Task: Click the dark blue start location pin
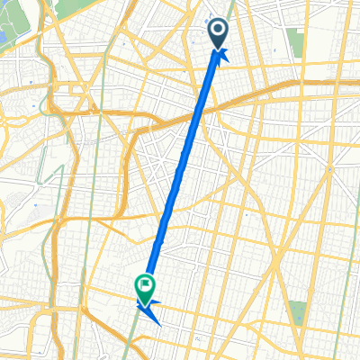220,35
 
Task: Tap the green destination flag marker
145,287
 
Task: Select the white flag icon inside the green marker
145,285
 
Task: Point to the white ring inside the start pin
220,32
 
